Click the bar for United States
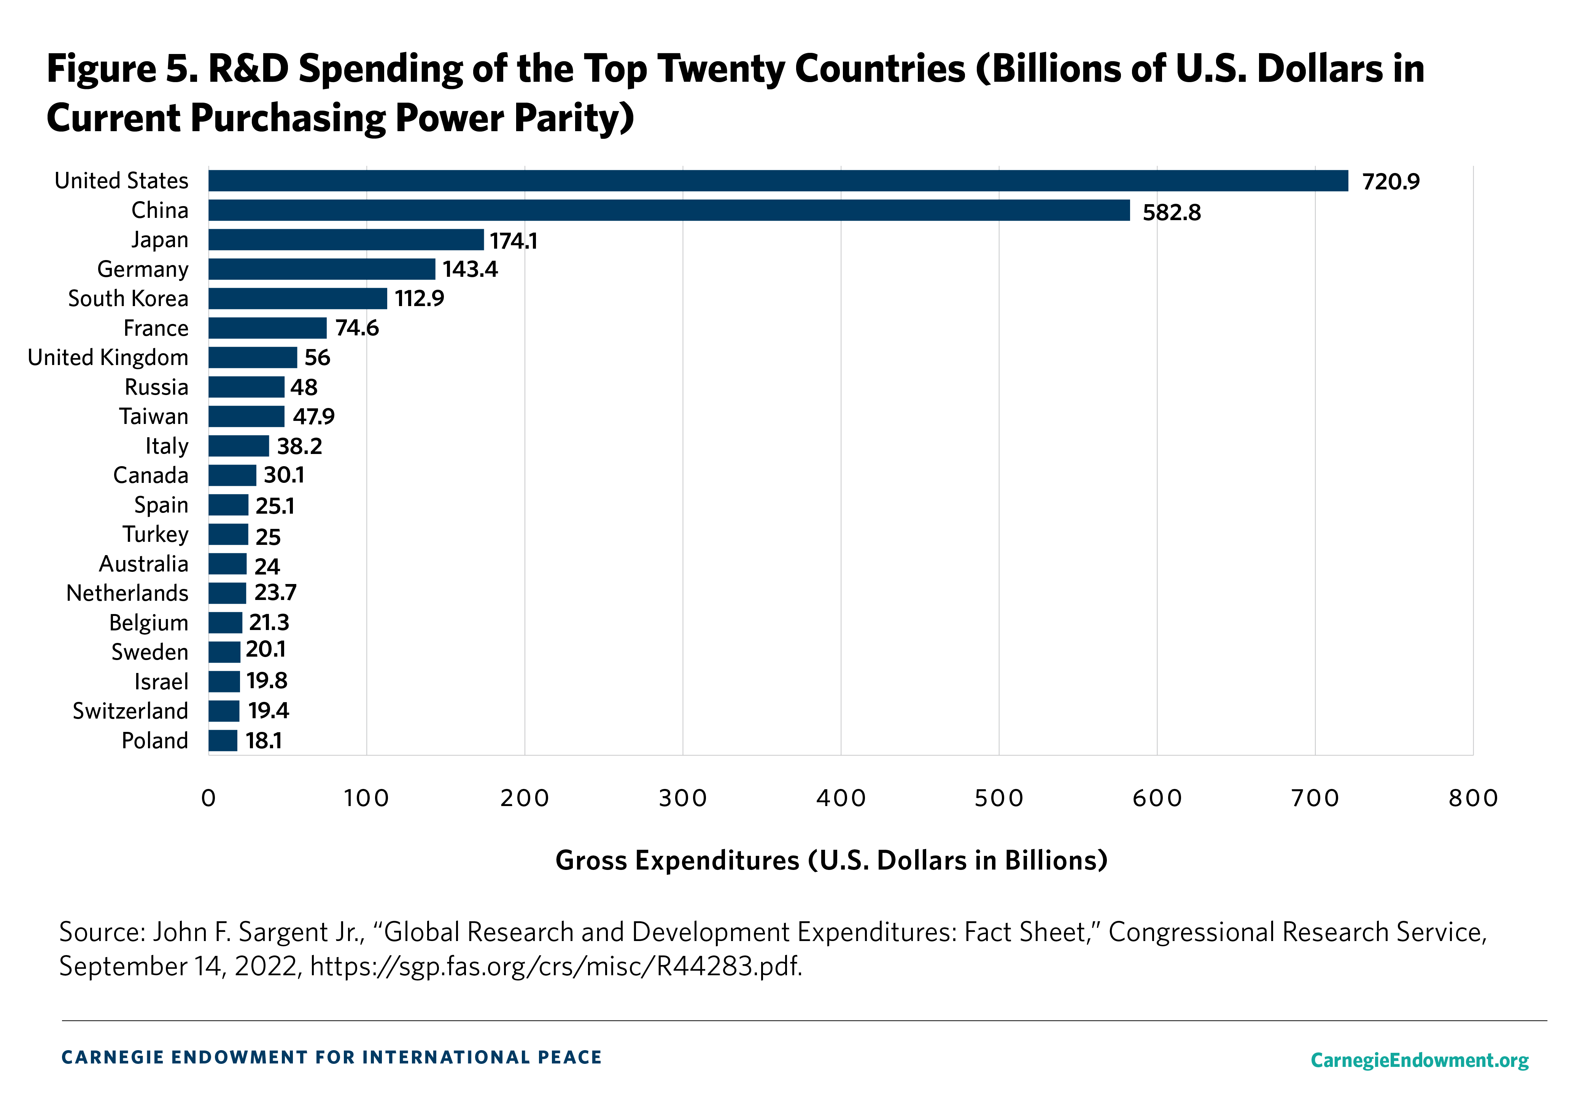[778, 181]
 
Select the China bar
[669, 211]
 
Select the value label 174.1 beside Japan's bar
[513, 241]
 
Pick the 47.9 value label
[313, 417]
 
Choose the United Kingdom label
[108, 357]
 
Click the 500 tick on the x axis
[999, 798]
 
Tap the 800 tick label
[1473, 798]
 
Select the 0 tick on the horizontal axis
[208, 798]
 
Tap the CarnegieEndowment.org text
[1419, 1060]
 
